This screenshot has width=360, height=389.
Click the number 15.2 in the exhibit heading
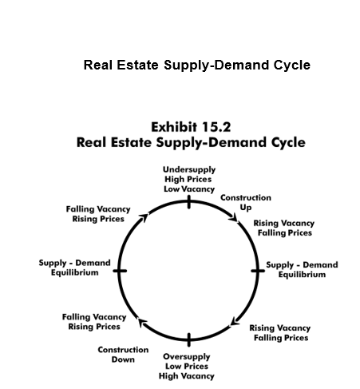tap(216, 127)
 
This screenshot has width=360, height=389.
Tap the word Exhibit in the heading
tap(174, 127)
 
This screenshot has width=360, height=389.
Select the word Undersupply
tap(189, 170)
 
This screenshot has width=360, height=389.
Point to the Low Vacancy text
tap(189, 189)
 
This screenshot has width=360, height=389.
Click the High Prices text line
tap(188, 179)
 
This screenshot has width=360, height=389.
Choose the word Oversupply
tap(187, 357)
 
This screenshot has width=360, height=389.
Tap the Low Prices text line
tap(187, 367)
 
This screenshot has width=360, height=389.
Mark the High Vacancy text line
tap(187, 376)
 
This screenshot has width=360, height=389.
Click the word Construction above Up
tap(246, 198)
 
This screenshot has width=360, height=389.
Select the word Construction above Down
tap(123, 350)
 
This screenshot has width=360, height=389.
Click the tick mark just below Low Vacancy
tap(189, 202)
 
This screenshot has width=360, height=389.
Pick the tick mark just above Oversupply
tap(189, 339)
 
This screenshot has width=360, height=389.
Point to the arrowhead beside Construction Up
tap(234, 217)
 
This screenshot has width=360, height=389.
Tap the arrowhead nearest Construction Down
tap(143, 323)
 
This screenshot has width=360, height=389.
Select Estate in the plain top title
tap(137, 65)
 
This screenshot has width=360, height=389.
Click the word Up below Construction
tap(246, 208)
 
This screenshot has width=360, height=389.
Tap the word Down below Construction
tap(123, 359)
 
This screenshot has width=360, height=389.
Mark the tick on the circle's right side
tap(258, 271)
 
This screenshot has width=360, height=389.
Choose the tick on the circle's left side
tap(120, 271)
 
